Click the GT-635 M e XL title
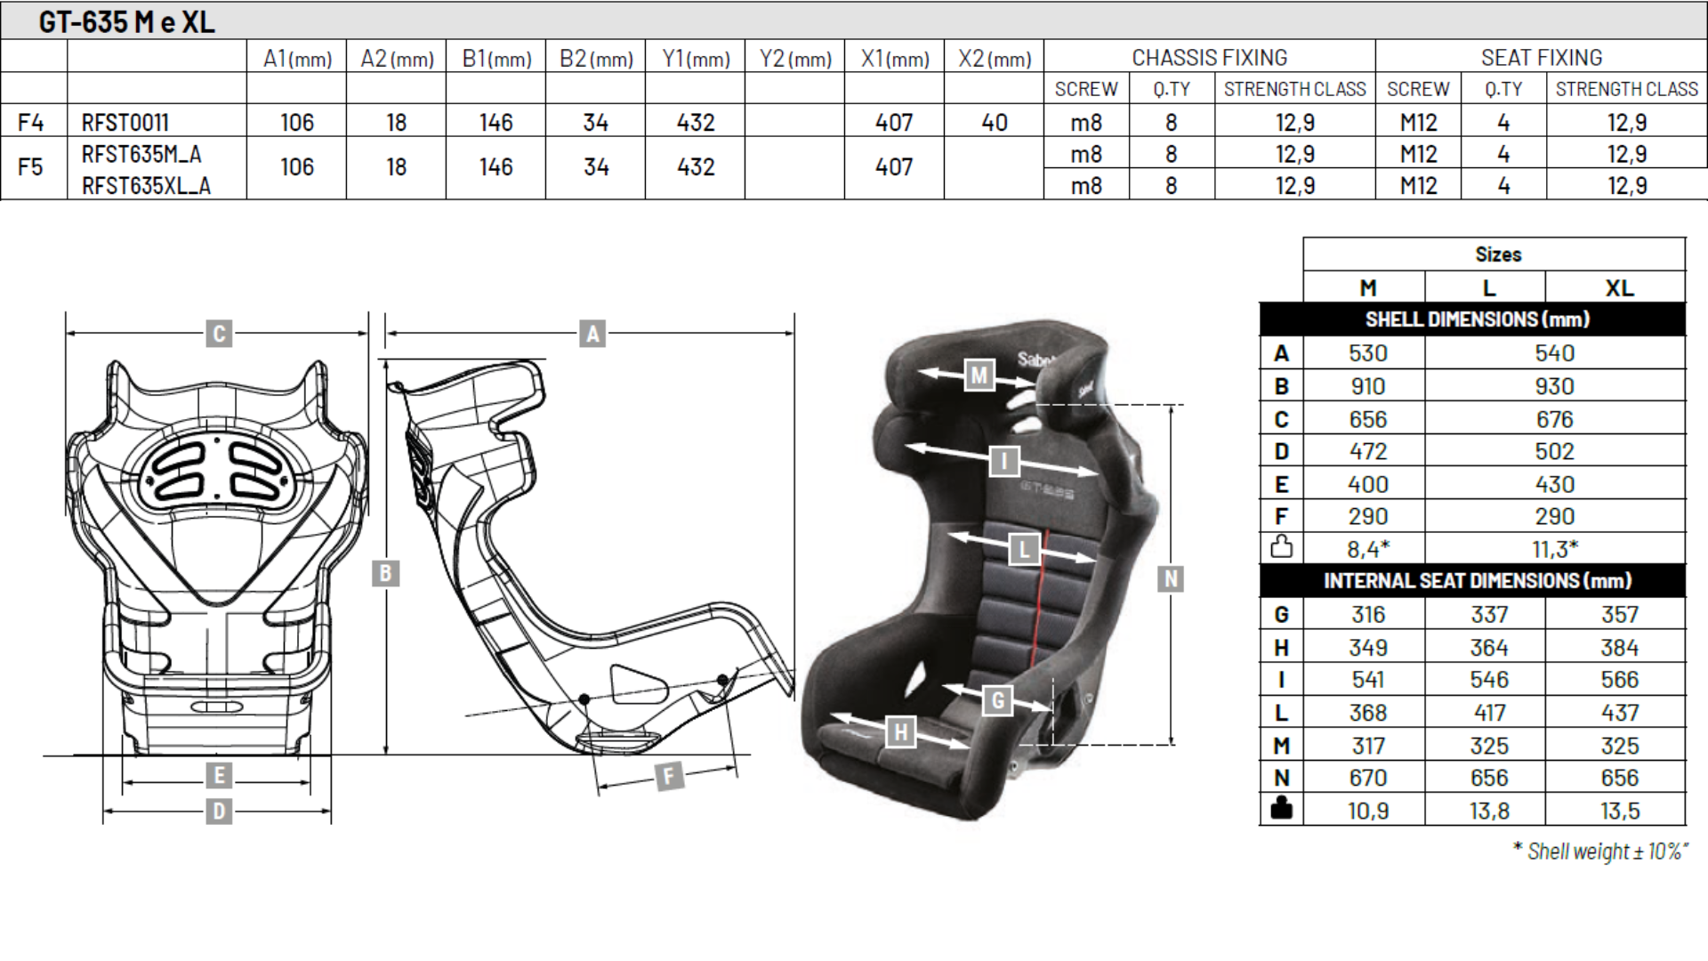pyautogui.click(x=126, y=21)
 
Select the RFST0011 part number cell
pyautogui.click(x=125, y=122)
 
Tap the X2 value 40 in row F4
pyautogui.click(x=994, y=122)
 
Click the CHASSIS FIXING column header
pyautogui.click(x=1209, y=58)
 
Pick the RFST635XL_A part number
pyautogui.click(x=146, y=186)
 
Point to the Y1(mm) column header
pyautogui.click(x=696, y=59)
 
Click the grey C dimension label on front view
pyautogui.click(x=219, y=334)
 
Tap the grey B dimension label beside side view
pyautogui.click(x=385, y=573)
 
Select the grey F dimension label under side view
pyautogui.click(x=669, y=776)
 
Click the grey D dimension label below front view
pyautogui.click(x=219, y=812)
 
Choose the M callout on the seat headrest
pyautogui.click(x=979, y=376)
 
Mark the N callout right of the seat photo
pyautogui.click(x=1171, y=579)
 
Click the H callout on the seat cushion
pyautogui.click(x=901, y=731)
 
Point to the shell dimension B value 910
pyautogui.click(x=1367, y=386)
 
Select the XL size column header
pyautogui.click(x=1619, y=288)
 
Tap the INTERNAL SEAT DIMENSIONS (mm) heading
pyautogui.click(x=1477, y=581)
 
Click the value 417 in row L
pyautogui.click(x=1489, y=713)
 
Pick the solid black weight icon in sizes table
pyautogui.click(x=1281, y=810)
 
